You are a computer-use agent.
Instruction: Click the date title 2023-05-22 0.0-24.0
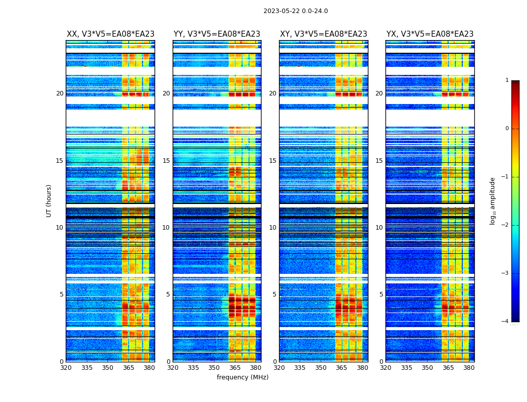(x=296, y=11)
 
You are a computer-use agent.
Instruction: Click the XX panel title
(x=110, y=34)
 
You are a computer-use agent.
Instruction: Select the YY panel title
(x=217, y=34)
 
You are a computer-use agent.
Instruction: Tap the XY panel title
(x=323, y=34)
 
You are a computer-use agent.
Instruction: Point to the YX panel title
(x=430, y=34)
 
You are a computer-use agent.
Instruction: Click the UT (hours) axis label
(x=49, y=200)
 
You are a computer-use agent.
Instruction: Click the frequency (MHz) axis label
(x=242, y=377)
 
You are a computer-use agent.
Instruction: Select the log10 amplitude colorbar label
(x=493, y=200)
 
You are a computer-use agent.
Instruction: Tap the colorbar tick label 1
(x=507, y=80)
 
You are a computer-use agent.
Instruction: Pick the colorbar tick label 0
(x=507, y=129)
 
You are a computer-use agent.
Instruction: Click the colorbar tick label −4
(x=505, y=322)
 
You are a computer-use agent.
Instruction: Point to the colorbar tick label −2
(x=505, y=225)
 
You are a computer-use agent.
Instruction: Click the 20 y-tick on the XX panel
(x=60, y=93)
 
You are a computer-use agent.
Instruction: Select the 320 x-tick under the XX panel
(x=66, y=367)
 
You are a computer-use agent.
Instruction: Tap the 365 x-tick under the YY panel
(x=235, y=367)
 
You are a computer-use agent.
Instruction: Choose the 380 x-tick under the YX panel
(x=469, y=367)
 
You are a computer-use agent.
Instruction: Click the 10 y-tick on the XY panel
(x=273, y=228)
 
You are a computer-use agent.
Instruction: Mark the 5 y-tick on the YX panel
(x=381, y=294)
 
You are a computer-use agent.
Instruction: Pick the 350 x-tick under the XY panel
(x=321, y=367)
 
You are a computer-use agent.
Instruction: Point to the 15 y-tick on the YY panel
(x=166, y=161)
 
